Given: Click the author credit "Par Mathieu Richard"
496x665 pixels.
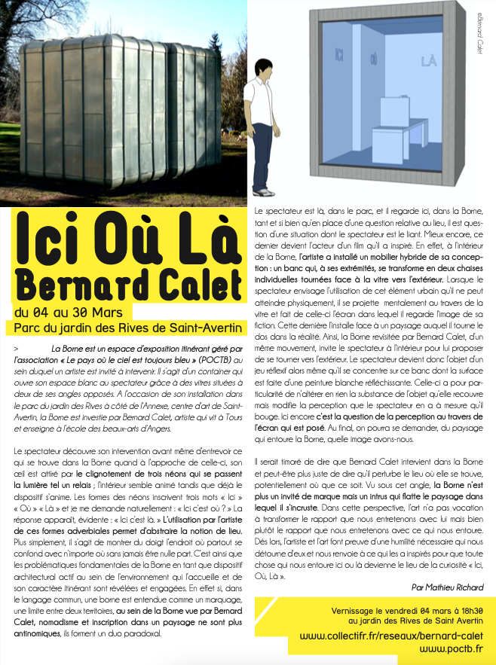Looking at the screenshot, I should pyautogui.click(x=448, y=586).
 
